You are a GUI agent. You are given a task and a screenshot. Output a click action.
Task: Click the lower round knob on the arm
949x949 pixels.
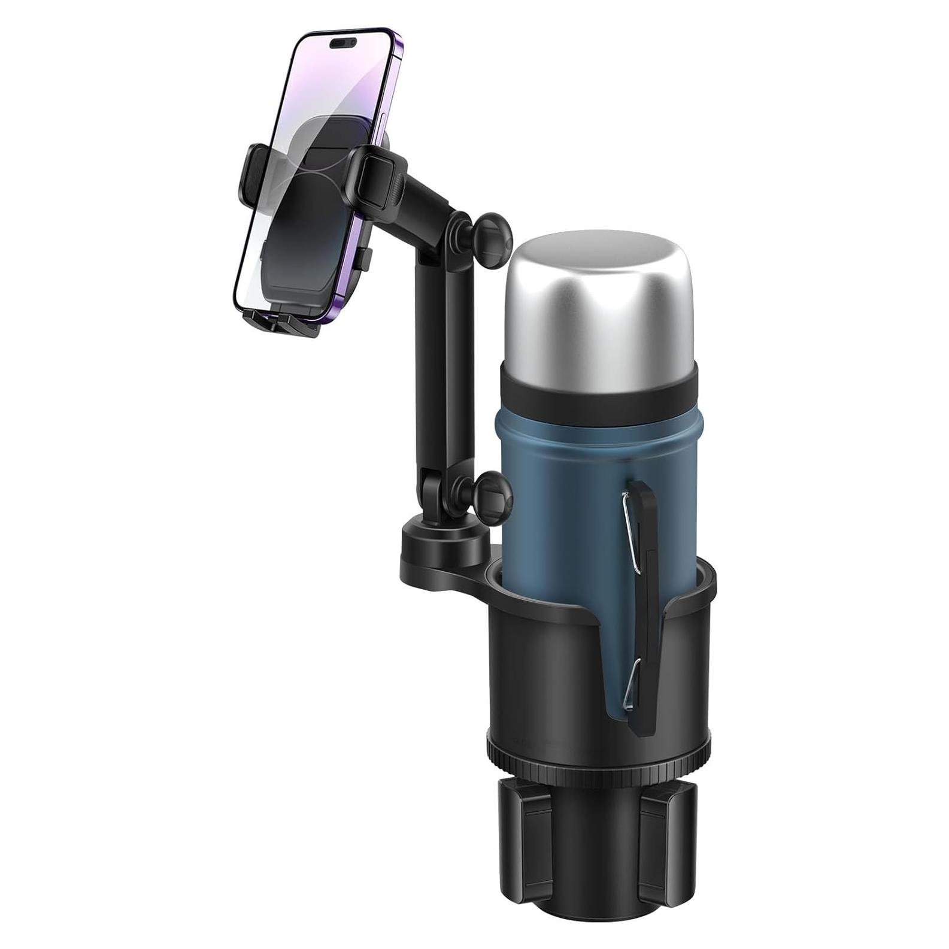(495, 490)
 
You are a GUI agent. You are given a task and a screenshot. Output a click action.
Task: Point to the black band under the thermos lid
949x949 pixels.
(599, 392)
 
